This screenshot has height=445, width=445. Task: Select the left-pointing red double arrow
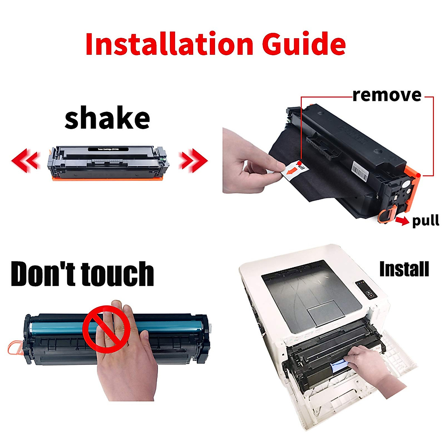click(x=25, y=160)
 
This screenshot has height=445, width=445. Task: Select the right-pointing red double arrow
click(x=193, y=160)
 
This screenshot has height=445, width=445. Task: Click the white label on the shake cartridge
click(x=108, y=149)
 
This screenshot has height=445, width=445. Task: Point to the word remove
click(x=387, y=95)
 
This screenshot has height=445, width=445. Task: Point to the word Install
click(x=404, y=269)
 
